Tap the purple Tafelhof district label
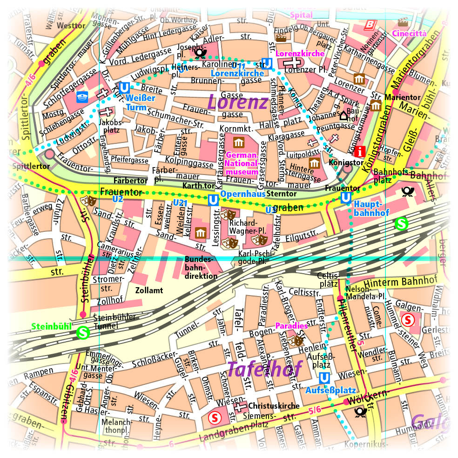click(264, 370)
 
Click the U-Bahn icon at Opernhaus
click(213, 200)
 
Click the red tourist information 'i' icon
click(359, 151)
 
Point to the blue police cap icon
click(82, 97)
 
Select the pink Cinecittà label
click(409, 33)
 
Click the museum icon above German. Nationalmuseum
click(239, 142)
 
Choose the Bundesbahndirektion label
click(201, 268)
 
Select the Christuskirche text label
click(274, 405)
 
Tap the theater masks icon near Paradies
click(296, 340)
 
